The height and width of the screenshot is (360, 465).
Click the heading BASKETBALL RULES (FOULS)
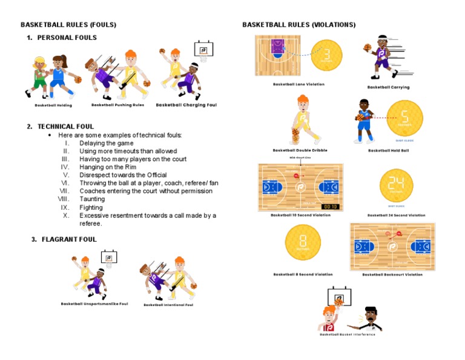(68, 25)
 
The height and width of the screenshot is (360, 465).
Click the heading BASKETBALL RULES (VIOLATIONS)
(299, 25)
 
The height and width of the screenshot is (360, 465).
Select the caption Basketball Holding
(53, 105)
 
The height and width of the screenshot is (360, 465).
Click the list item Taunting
(92, 199)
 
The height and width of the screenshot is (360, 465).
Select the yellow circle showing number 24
(396, 185)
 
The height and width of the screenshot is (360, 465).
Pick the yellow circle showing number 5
(404, 118)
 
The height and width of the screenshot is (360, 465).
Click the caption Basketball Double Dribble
(300, 150)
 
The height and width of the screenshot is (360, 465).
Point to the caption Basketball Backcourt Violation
(392, 275)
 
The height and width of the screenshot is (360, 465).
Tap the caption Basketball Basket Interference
(348, 335)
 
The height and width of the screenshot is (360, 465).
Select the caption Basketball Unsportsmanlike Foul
(94, 304)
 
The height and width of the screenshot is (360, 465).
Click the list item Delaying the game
(107, 143)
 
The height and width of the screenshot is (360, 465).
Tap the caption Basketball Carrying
(388, 87)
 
